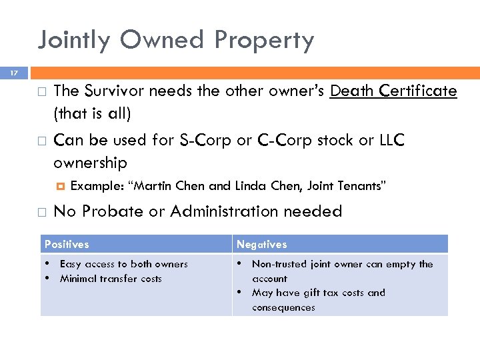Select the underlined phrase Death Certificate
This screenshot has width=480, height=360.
point(393,91)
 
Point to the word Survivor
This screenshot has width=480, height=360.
point(113,91)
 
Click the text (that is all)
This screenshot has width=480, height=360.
point(92,114)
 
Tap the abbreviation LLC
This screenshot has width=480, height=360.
point(387,141)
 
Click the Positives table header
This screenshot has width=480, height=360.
point(67,245)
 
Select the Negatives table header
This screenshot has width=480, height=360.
point(261,245)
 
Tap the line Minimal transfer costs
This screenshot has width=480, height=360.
point(111,279)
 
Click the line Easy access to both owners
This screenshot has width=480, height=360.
point(123,264)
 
